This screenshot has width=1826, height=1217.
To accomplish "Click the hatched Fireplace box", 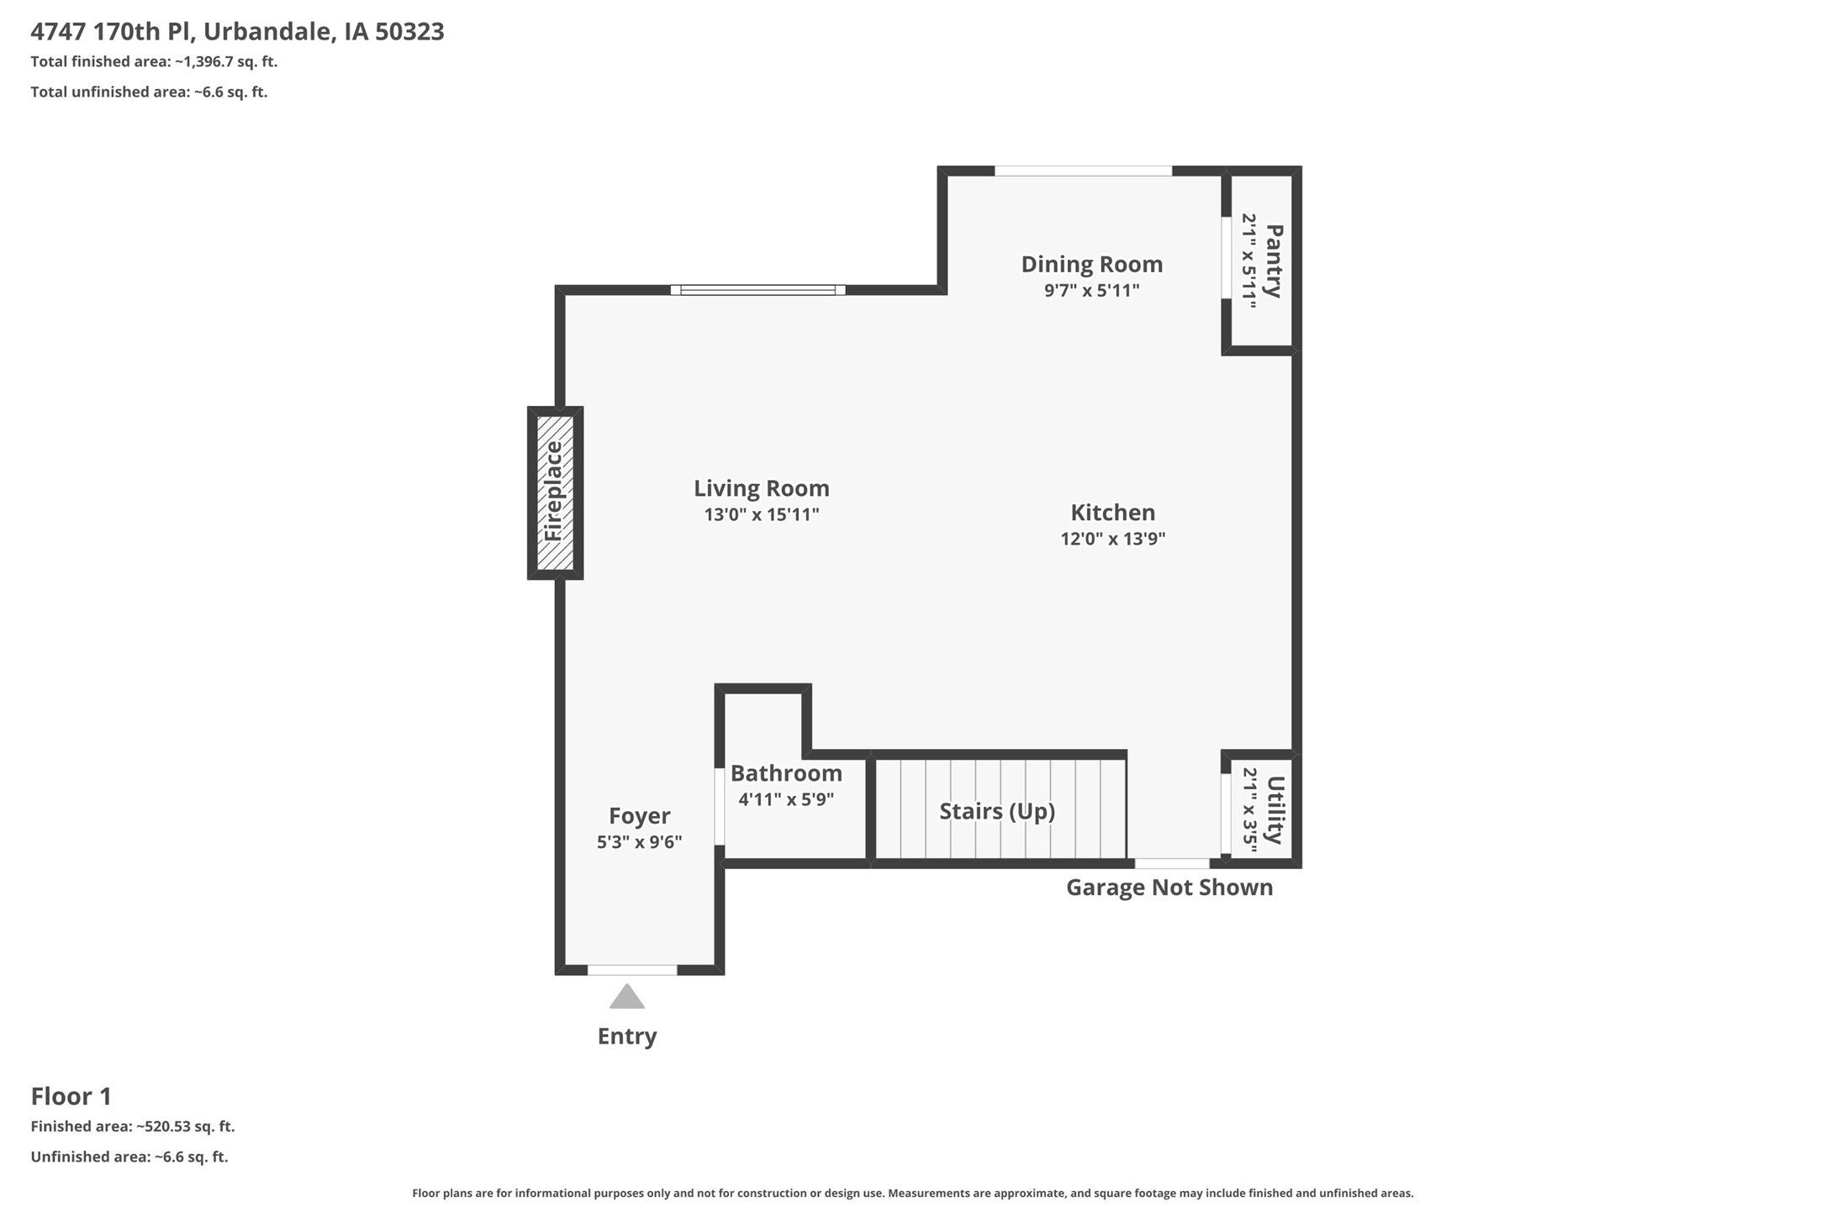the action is [x=555, y=493].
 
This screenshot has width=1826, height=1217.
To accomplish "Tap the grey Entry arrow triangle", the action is [x=627, y=996].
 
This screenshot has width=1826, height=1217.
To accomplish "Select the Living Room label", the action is [x=762, y=488].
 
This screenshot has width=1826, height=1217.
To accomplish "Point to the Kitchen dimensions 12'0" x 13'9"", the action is [x=1113, y=539].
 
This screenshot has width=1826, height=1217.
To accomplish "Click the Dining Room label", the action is [x=1092, y=264].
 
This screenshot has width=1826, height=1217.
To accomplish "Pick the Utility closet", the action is [x=1262, y=809].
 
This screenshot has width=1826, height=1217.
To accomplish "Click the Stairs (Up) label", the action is [x=997, y=811].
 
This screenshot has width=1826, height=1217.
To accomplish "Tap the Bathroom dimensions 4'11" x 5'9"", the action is [x=786, y=799].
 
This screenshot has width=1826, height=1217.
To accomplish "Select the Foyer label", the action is [x=640, y=816].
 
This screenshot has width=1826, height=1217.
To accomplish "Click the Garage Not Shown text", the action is [x=1169, y=888].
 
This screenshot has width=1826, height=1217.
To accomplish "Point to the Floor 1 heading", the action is [x=71, y=1096].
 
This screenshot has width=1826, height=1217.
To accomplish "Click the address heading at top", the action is [x=238, y=32].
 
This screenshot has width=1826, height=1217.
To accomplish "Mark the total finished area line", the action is [x=154, y=61].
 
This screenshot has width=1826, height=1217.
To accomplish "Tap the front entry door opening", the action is [x=632, y=970].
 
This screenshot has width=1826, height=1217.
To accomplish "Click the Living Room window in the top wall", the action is [x=758, y=290].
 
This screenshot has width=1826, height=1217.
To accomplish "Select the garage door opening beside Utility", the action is [x=1173, y=863].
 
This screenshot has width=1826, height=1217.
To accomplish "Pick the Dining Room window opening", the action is [x=1084, y=171].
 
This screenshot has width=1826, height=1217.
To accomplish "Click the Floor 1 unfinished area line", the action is [x=129, y=1156].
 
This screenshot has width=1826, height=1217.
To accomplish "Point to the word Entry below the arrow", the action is [x=627, y=1036].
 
